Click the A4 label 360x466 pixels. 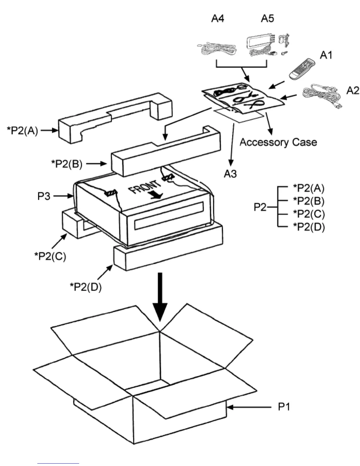click(218, 19)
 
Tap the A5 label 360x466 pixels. click(267, 19)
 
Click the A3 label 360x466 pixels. click(230, 174)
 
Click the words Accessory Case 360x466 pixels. click(278, 142)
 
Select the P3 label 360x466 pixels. click(44, 196)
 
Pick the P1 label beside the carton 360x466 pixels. click(284, 407)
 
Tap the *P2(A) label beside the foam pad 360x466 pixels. click(23, 131)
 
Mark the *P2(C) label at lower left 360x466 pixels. click(50, 256)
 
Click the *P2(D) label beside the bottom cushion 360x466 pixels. click(86, 287)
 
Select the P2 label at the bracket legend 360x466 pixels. click(260, 207)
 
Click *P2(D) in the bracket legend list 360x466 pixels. click(309, 227)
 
